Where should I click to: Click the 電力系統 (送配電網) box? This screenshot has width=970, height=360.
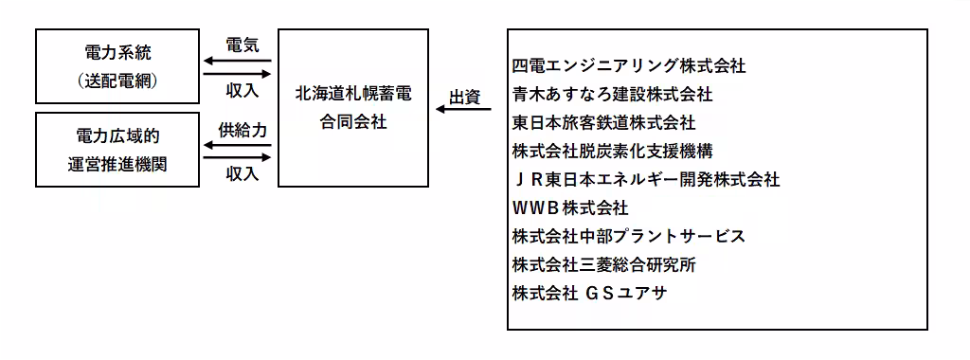tap(117, 65)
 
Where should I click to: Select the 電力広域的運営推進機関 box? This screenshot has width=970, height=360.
tap(117, 149)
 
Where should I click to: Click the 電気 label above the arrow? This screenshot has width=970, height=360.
tap(238, 45)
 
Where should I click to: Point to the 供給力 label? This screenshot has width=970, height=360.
tap(238, 129)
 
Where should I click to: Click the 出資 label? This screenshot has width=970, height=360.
tap(464, 96)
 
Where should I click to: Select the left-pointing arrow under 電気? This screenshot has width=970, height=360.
tap(237, 62)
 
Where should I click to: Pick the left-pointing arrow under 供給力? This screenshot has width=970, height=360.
tap(237, 145)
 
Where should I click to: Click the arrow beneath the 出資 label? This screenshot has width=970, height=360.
tap(464, 111)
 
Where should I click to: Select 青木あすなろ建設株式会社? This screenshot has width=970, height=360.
tap(612, 95)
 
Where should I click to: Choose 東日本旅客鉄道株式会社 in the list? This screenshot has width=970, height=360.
tap(603, 123)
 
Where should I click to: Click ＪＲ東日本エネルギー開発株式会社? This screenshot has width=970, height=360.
tap(645, 179)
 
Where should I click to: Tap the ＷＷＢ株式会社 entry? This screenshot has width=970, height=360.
tap(569, 207)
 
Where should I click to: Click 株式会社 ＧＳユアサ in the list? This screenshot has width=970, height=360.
tap(589, 292)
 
